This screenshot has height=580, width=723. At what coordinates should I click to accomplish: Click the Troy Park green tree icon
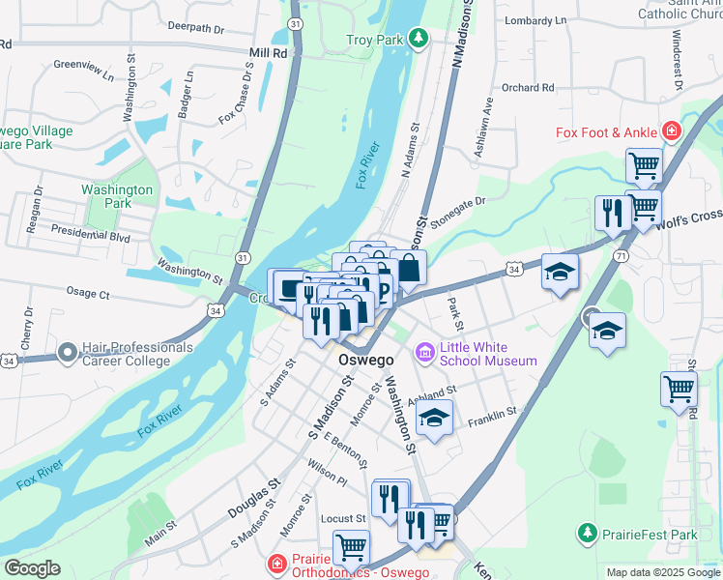coord(418,39)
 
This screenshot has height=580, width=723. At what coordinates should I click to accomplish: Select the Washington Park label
coord(117,197)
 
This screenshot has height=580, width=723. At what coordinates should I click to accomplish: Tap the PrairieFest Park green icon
coord(586,534)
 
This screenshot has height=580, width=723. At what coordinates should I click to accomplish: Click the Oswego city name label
coord(366,360)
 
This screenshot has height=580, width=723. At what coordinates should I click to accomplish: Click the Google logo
coord(32,567)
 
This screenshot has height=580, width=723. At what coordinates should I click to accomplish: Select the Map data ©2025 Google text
coord(662,572)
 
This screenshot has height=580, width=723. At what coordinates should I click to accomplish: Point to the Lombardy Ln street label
coord(535,20)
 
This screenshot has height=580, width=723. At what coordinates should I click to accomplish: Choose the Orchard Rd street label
coord(528,88)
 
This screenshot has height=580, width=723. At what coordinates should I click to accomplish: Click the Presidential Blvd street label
coord(90,234)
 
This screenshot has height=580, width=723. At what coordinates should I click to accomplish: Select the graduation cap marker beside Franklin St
coord(434,418)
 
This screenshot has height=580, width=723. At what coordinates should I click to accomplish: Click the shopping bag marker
coord(409,269)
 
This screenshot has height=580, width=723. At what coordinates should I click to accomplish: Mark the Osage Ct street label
coord(88,292)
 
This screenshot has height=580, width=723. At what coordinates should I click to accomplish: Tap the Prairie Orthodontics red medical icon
coord(277,562)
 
